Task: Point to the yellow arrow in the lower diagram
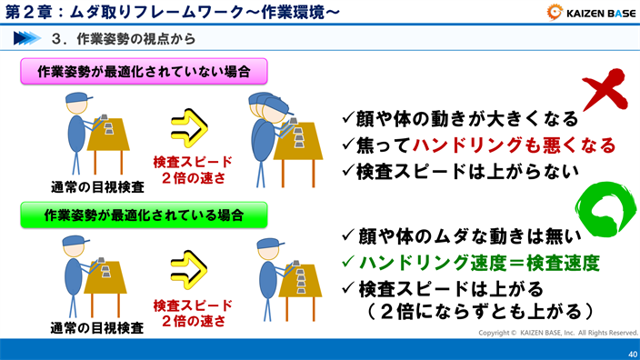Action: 192,270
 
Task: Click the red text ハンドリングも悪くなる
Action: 514,145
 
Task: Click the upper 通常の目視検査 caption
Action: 97,186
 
